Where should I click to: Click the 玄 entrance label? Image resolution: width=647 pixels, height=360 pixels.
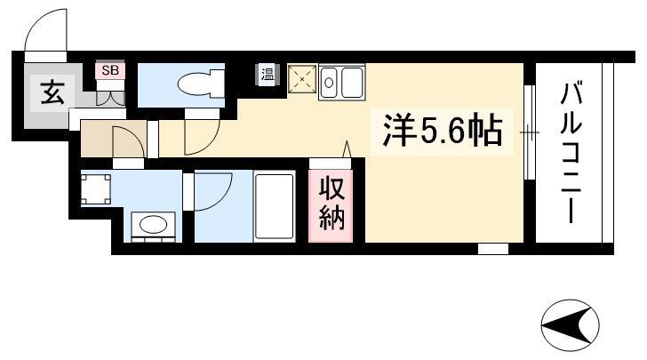[x=52, y=93]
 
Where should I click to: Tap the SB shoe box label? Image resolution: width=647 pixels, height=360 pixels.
[x=110, y=70]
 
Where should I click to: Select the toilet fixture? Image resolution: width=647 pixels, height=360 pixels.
[x=201, y=84]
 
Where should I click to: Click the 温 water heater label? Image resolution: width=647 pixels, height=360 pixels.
[x=268, y=75]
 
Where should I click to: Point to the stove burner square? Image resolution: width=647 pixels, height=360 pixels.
[x=302, y=78]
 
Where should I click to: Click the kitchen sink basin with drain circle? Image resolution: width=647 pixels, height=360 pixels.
[x=329, y=83]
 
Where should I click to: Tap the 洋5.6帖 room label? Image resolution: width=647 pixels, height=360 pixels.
[x=443, y=131]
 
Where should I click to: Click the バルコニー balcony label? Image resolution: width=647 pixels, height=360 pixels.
[x=571, y=152]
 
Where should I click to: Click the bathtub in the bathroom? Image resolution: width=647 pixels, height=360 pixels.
[x=275, y=206]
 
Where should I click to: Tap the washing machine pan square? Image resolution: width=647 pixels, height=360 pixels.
[x=96, y=189]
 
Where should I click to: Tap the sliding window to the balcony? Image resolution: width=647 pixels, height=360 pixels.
[x=530, y=132]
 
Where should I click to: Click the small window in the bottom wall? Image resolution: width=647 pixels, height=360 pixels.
[x=493, y=249]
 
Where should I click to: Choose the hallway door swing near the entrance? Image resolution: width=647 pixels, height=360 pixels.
[x=128, y=142]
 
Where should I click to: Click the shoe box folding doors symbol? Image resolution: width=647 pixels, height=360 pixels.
[x=110, y=98]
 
